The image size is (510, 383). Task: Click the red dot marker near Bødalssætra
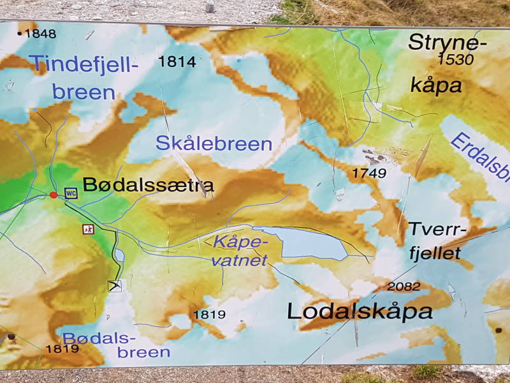[x=54, y=195]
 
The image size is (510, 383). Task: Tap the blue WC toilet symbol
[x=71, y=193]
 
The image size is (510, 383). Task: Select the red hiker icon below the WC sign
[x=88, y=229]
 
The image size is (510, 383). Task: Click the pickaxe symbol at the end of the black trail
[x=115, y=285]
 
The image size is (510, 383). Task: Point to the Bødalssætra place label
[x=149, y=186]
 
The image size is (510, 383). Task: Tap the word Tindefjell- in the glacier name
[x=83, y=64]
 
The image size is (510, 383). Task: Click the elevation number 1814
[x=177, y=62]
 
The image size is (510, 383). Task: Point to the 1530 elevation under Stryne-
[x=456, y=60]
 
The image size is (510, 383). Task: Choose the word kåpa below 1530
[x=436, y=86]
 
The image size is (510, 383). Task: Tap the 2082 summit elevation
[x=404, y=287]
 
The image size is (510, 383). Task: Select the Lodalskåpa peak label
[x=360, y=312]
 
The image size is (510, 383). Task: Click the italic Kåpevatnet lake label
[x=237, y=251]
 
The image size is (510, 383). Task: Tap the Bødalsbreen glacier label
[x=117, y=345]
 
